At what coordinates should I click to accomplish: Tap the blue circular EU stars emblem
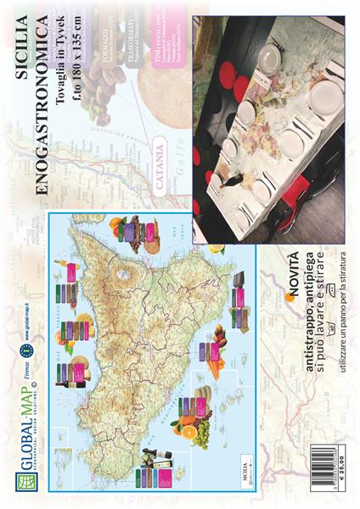click(x=28, y=347)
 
